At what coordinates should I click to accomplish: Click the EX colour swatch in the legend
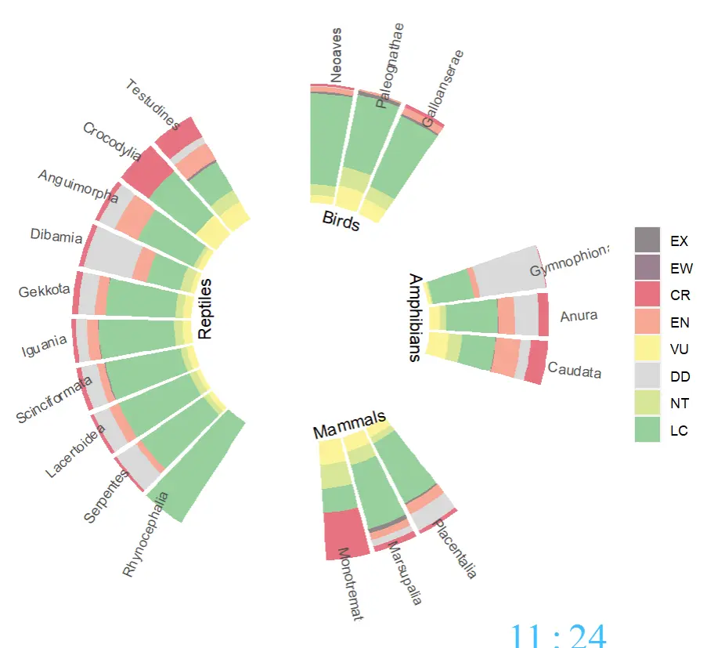(647, 240)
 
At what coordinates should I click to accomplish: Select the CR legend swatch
(647, 294)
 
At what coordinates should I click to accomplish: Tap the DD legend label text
(680, 376)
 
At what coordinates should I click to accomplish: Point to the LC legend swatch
(647, 429)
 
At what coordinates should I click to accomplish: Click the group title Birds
(341, 221)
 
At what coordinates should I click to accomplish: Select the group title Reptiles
(204, 309)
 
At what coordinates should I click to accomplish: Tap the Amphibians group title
(415, 317)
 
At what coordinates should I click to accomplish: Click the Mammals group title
(350, 424)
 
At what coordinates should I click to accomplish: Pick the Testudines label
(153, 104)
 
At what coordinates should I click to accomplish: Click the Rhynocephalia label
(145, 534)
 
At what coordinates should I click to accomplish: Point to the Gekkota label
(44, 291)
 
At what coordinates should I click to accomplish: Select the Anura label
(579, 316)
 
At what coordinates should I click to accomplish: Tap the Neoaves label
(336, 56)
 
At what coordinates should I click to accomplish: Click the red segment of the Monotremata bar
(346, 534)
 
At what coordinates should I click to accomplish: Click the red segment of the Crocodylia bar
(147, 171)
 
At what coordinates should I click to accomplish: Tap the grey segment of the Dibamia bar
(112, 252)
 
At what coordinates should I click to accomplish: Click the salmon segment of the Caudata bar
(506, 357)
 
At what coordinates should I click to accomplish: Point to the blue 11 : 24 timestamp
(557, 635)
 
